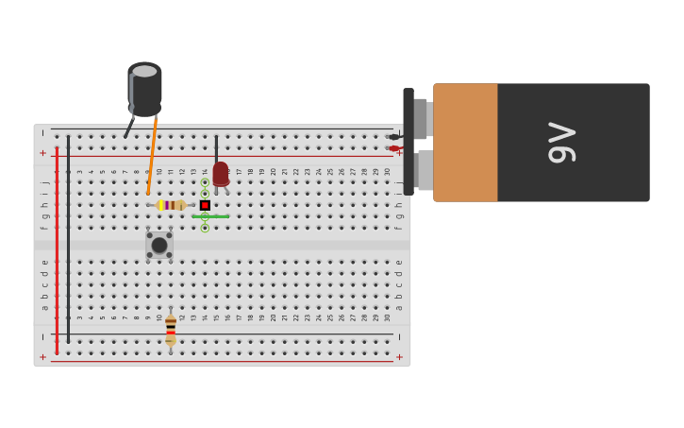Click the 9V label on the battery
[x=562, y=143]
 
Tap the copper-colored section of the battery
[x=465, y=143]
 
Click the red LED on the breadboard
[x=220, y=174]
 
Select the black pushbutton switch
[x=159, y=246]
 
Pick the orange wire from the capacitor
[x=152, y=156]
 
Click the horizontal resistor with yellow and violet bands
[x=170, y=205]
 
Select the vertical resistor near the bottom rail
[x=171, y=330]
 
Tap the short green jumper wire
[x=210, y=216]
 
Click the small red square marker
[x=205, y=205]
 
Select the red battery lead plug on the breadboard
[x=393, y=148]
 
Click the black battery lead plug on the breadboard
[x=393, y=137]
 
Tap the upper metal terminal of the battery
[x=422, y=119]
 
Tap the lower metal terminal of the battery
[x=424, y=170]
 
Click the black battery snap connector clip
[x=409, y=142]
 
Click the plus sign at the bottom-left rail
[x=42, y=357]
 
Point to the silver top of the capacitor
[x=144, y=71]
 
